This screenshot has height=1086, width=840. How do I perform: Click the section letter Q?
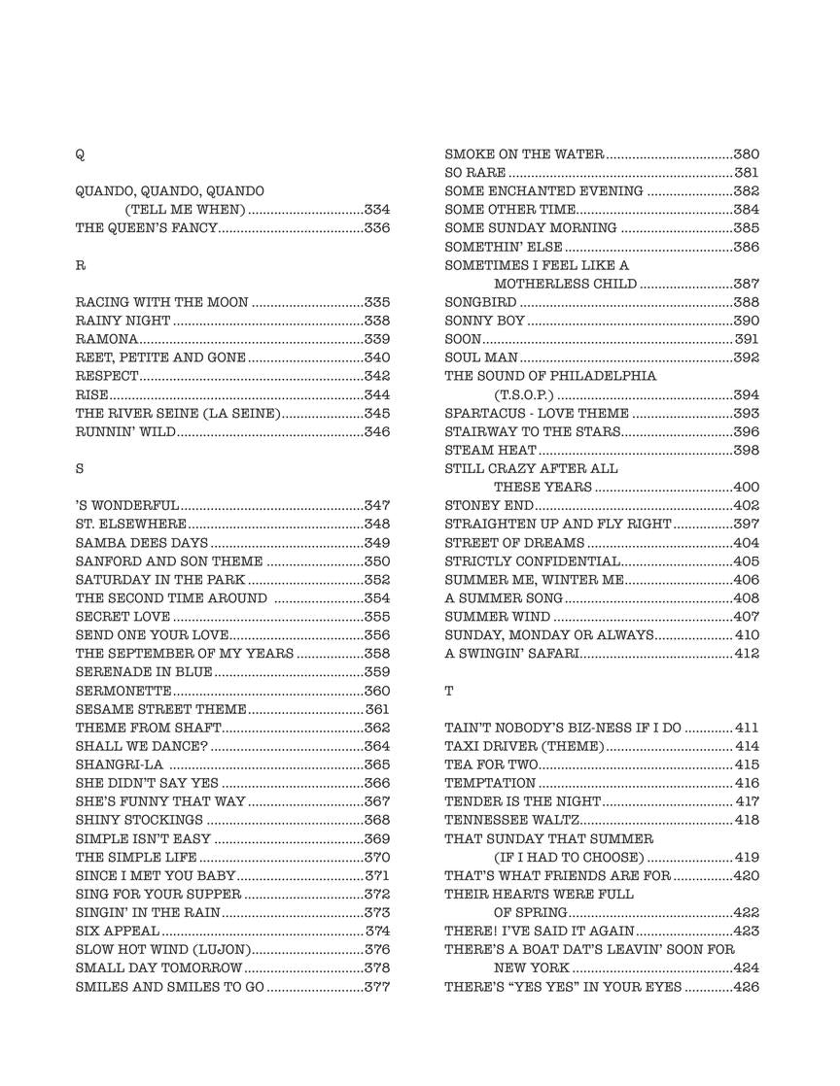click(x=80, y=155)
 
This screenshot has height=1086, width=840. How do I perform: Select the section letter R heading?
click(x=80, y=265)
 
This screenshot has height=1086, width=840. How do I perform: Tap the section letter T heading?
click(x=449, y=691)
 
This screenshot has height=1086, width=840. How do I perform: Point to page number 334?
click(x=376, y=210)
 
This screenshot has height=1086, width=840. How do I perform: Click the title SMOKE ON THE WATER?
click(x=525, y=154)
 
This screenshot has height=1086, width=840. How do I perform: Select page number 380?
click(x=746, y=154)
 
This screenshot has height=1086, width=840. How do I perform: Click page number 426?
click(x=746, y=987)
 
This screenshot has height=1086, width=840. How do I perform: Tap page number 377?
click(x=376, y=987)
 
